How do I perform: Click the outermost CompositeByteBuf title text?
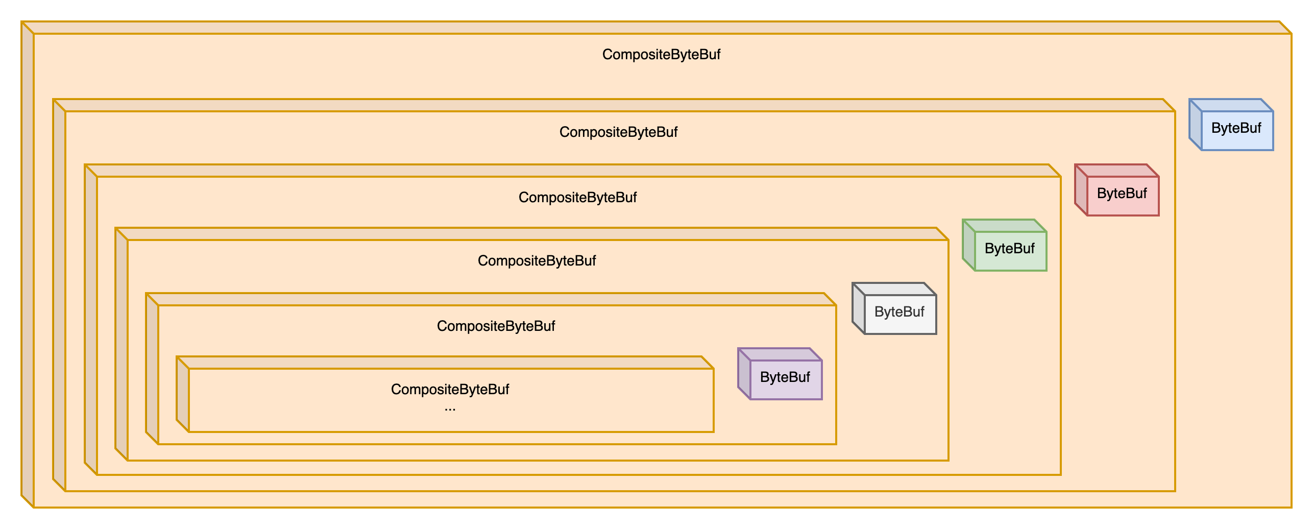click(x=661, y=55)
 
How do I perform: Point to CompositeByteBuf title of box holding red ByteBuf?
click(x=618, y=132)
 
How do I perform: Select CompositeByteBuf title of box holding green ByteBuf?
click(x=577, y=198)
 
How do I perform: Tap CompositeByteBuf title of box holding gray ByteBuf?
click(x=537, y=261)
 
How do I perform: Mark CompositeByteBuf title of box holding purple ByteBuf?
click(x=496, y=326)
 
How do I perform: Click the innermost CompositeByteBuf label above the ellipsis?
click(x=450, y=390)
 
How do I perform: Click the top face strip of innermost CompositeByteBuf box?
click(x=444, y=363)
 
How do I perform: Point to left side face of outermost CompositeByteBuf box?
click(x=27, y=266)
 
